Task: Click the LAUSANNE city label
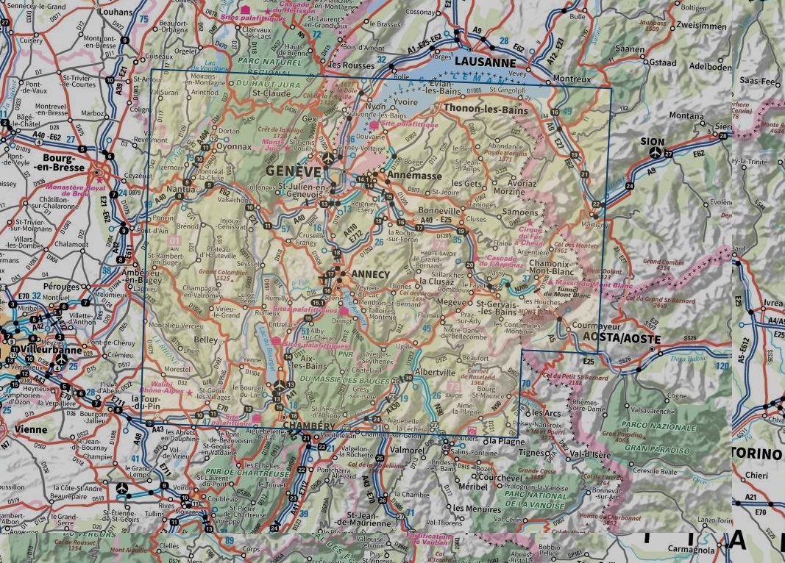point(486,62)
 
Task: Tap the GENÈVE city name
point(293,171)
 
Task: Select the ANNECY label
point(371,274)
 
